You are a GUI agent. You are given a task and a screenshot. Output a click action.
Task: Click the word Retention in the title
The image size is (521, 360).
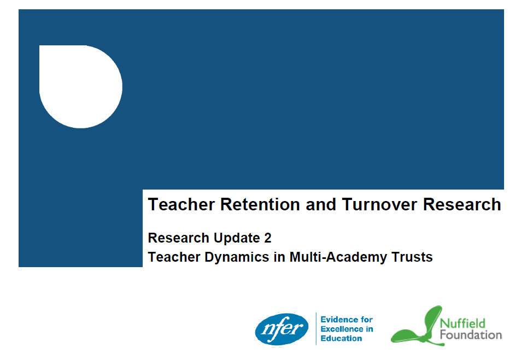[x=260, y=204]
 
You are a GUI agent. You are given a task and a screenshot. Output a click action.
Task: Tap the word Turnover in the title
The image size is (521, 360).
[x=379, y=204]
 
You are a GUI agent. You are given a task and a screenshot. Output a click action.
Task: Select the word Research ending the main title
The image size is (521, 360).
[x=462, y=204]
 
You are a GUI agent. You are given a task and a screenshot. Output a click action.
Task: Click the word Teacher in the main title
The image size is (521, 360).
[x=181, y=204]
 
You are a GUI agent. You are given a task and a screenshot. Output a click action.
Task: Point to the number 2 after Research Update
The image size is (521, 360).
[x=268, y=238]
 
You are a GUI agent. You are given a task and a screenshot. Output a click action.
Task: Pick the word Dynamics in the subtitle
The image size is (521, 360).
[x=237, y=258]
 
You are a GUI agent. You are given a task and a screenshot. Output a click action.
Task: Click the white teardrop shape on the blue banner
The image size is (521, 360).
[x=81, y=87]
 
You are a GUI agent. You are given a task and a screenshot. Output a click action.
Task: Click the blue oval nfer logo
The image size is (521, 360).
[x=282, y=329]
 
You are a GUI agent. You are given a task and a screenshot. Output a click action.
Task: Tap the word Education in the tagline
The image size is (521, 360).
[x=341, y=338]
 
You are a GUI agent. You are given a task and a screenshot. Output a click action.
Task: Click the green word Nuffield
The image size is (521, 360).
[x=463, y=323]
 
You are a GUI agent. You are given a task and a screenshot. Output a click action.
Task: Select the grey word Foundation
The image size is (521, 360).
[x=471, y=335]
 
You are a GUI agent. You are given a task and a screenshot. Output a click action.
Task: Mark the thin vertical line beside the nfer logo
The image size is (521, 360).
[x=315, y=329]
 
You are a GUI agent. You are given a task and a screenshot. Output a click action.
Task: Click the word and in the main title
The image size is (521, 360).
[x=321, y=204]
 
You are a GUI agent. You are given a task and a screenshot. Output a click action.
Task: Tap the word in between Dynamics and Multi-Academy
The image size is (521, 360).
[x=279, y=257]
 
